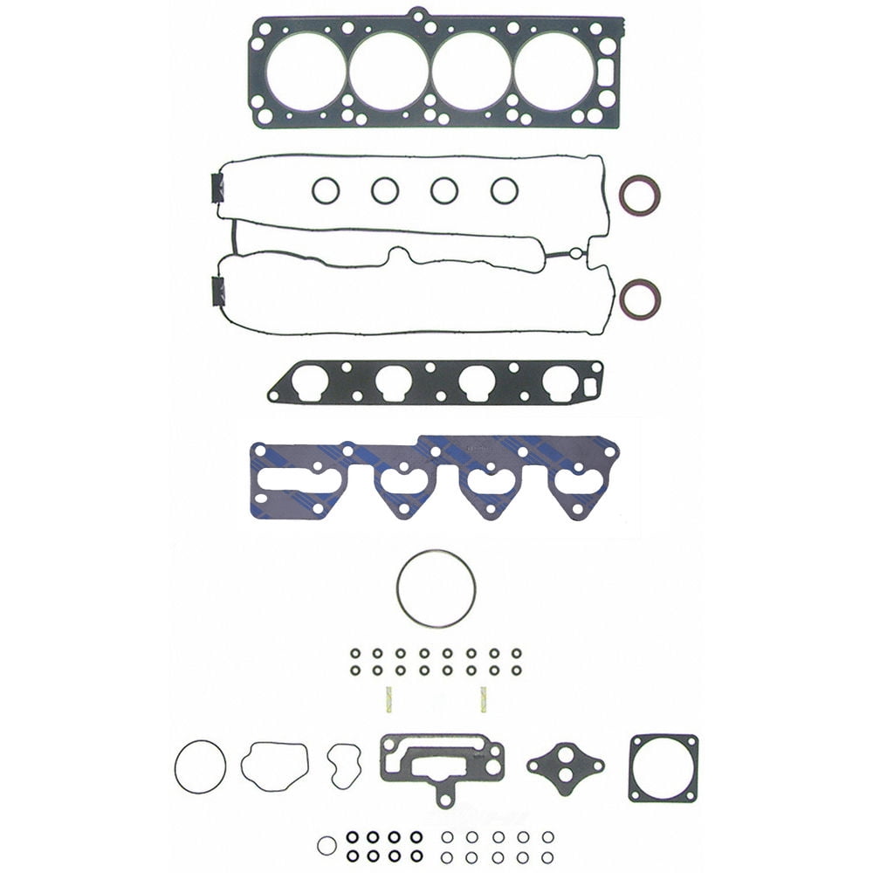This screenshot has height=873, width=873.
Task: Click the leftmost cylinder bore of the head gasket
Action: tap(306, 72)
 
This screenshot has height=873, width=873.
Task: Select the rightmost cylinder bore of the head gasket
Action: tap(553, 72)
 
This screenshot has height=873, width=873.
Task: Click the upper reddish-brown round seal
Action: tap(639, 195)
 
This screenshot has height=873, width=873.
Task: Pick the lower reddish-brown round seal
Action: tap(639, 299)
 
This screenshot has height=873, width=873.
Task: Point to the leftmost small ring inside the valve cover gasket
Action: tap(326, 190)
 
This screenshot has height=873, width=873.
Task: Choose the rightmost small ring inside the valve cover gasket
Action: tap(504, 190)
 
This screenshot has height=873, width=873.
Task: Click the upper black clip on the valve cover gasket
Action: tap(217, 188)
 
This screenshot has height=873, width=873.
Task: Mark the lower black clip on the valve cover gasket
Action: tap(217, 290)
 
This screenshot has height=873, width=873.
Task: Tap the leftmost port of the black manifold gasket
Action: tap(310, 382)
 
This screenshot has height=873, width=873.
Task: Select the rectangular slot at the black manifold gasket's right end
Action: tap(589, 382)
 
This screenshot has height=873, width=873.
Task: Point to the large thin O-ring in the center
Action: tap(436, 588)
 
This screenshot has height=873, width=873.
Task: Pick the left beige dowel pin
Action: tap(389, 698)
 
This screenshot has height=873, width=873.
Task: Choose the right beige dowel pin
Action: tap(482, 698)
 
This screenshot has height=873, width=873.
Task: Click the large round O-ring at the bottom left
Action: tap(200, 767)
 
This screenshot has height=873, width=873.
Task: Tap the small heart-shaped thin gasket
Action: tap(343, 766)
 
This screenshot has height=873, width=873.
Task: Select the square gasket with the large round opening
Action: tap(663, 767)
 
